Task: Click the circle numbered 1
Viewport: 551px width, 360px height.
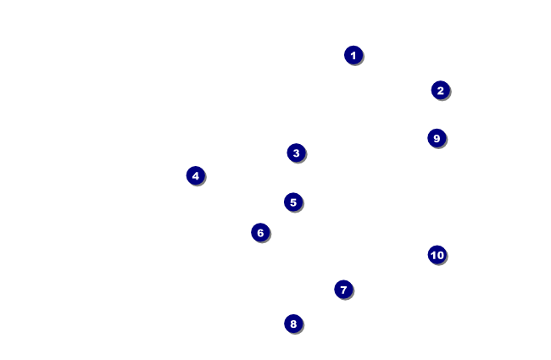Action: pos(353,55)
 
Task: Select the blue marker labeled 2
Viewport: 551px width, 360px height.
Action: pos(440,90)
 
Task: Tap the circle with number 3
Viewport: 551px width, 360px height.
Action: pos(296,153)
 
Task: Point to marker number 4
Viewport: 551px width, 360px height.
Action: pos(196,175)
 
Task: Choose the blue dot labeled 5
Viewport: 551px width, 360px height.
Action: pos(293,202)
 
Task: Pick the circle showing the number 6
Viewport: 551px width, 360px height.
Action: pos(260,233)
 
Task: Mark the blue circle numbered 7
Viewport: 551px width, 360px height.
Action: pos(343,290)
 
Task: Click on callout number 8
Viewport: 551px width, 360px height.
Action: pos(293,324)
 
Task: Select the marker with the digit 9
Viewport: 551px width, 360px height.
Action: pos(437,138)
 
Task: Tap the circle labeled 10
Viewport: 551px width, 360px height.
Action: pos(437,255)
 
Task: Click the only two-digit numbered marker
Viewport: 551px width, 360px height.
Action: pos(437,255)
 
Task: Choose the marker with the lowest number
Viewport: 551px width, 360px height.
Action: pos(353,55)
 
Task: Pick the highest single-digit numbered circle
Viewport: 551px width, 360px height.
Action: pos(437,138)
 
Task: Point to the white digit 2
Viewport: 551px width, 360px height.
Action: pos(440,90)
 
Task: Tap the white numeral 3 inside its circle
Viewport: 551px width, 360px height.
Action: pos(296,153)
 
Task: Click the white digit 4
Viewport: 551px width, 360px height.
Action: pos(196,175)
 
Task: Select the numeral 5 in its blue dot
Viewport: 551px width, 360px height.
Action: pos(293,202)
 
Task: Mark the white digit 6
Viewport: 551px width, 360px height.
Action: pos(260,233)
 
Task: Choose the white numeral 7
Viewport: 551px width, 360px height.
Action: pos(343,290)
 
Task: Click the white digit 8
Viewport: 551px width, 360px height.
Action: pos(293,324)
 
